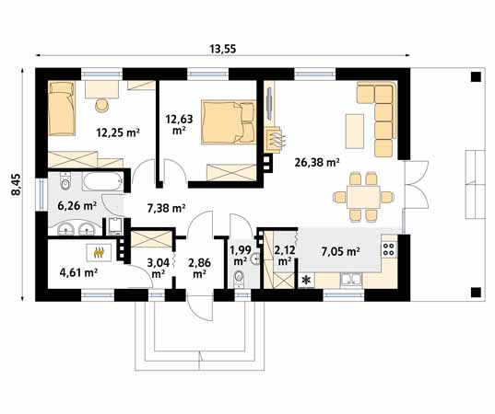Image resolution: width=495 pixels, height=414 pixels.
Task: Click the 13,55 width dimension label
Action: [x=222, y=49]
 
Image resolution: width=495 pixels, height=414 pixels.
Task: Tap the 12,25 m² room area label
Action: [x=118, y=132]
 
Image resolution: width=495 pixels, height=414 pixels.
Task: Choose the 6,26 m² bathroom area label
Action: [x=77, y=206]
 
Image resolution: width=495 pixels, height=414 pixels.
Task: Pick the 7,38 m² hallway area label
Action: [x=167, y=210]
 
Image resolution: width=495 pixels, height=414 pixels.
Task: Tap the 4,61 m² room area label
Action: [x=78, y=271]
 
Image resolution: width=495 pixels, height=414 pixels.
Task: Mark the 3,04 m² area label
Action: [x=157, y=267]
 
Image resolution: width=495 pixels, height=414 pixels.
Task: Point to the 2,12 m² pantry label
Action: [x=285, y=255]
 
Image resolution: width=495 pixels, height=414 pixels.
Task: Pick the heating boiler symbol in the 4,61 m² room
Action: [x=100, y=250]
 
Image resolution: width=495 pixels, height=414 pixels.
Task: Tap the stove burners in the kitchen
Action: [x=389, y=246]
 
